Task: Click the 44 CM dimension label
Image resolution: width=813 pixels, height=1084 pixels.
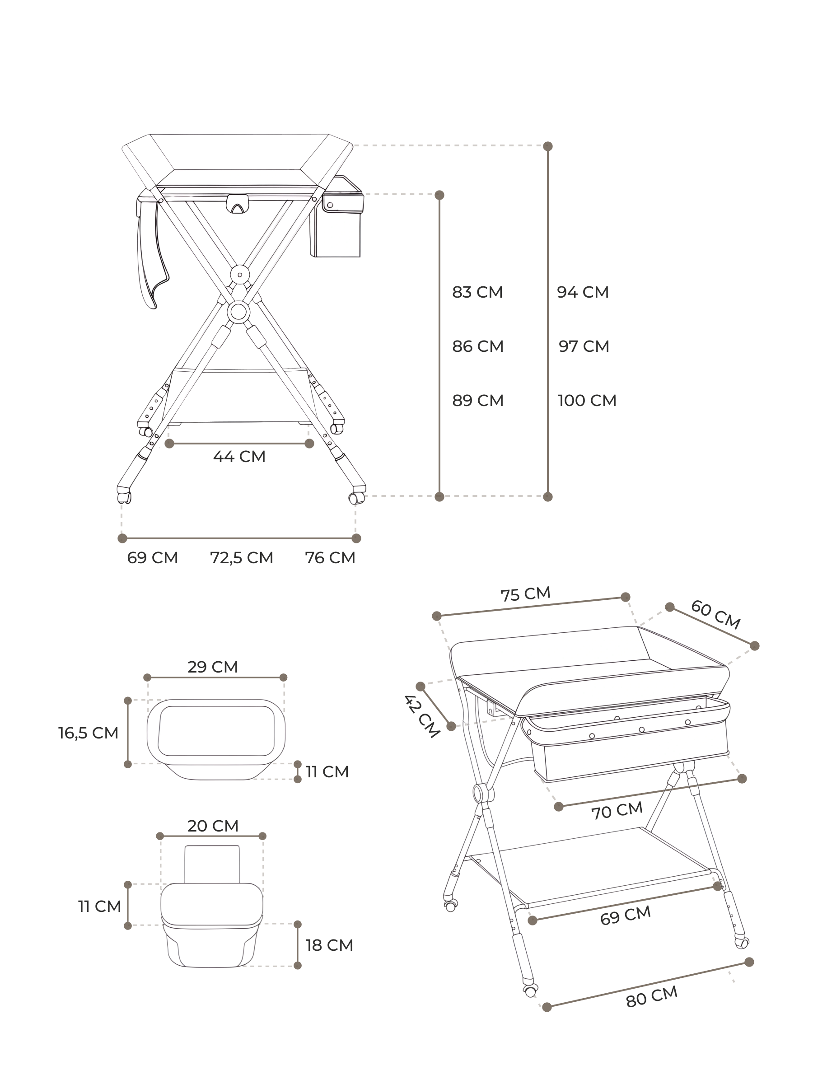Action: [239, 456]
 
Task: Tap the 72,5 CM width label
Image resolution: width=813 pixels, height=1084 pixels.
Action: [242, 558]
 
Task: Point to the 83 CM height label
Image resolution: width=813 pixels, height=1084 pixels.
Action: [477, 292]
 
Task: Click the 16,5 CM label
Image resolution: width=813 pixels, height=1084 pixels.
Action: [88, 733]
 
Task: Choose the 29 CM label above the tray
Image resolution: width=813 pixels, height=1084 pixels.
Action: [213, 667]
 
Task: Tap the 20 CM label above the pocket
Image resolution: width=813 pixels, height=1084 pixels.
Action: [213, 826]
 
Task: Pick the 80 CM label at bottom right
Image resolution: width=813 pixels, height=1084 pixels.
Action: [652, 997]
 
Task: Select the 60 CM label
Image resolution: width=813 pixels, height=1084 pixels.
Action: [715, 615]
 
